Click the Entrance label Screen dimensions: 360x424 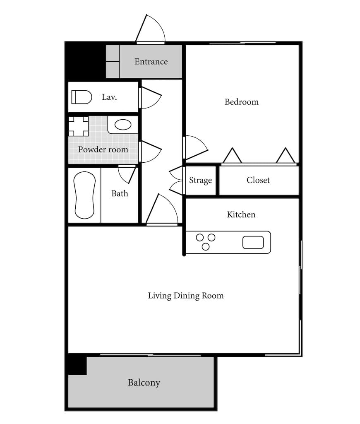[x=151, y=62]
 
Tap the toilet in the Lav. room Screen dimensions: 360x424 [x=82, y=97]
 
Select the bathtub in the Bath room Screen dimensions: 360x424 [x=84, y=195]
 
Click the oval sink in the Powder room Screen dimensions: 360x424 [x=123, y=125]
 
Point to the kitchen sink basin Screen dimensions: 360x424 [x=253, y=242]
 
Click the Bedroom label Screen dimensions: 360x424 [x=242, y=102]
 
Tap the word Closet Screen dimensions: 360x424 [x=258, y=180]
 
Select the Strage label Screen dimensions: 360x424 [x=200, y=181]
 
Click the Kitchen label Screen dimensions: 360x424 [x=241, y=214]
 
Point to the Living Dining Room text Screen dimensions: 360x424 [x=186, y=296]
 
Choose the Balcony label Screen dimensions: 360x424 [x=144, y=383]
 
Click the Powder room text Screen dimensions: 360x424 [x=103, y=149]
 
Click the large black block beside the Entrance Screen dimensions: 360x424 [x=85, y=61]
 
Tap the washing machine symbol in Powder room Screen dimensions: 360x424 [x=78, y=126]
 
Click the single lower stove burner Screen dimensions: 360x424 [x=206, y=247]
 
